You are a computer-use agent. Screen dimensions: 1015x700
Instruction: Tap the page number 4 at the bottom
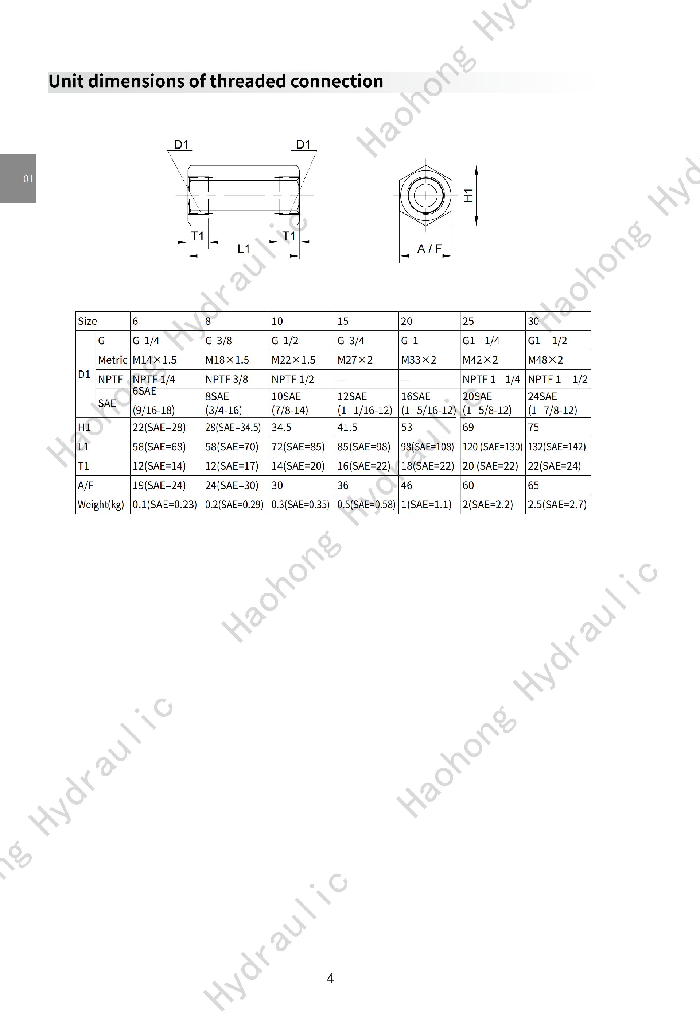point(330,978)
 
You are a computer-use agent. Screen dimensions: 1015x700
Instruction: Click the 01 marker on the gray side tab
point(28,179)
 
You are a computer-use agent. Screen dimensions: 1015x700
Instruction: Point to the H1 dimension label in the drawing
point(468,195)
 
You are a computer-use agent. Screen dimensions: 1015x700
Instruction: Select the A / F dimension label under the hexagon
point(429,249)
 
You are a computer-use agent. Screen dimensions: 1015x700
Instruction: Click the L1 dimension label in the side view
point(244,249)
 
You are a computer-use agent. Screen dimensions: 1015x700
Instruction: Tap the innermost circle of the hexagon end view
point(425,195)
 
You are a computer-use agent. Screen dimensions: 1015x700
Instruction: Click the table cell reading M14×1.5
point(155,360)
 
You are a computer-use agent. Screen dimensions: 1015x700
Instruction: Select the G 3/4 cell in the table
point(351,341)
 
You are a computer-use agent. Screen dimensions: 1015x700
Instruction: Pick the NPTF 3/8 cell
point(227,379)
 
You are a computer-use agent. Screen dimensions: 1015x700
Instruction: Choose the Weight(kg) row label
point(101,504)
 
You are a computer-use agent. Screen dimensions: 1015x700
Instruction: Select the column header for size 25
point(468,321)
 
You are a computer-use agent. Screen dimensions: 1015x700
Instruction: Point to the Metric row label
point(112,360)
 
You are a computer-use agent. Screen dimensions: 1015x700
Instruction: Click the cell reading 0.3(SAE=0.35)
point(300,504)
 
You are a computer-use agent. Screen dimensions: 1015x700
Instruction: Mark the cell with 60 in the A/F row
point(468,485)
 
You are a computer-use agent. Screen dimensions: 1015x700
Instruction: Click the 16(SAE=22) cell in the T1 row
point(363,466)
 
